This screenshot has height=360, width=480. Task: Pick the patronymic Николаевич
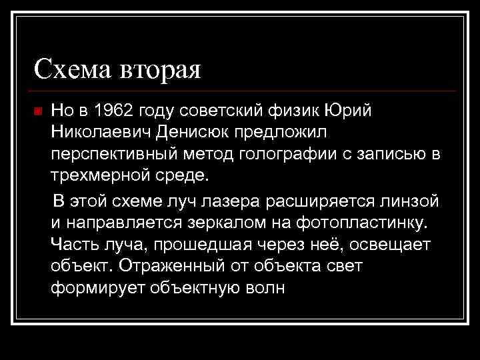(102, 132)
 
